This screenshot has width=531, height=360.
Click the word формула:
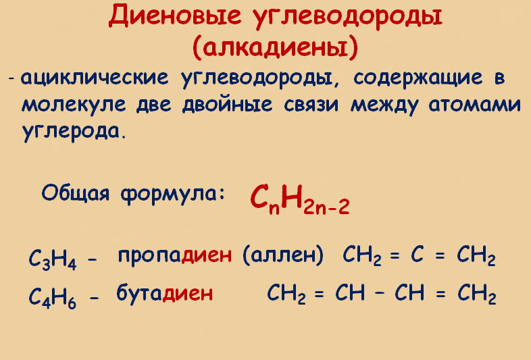point(172,192)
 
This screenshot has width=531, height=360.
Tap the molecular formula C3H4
point(53,259)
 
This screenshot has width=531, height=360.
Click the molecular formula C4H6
point(53,297)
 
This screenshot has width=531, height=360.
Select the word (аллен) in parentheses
point(282,257)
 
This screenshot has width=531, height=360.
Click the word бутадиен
point(165,293)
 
